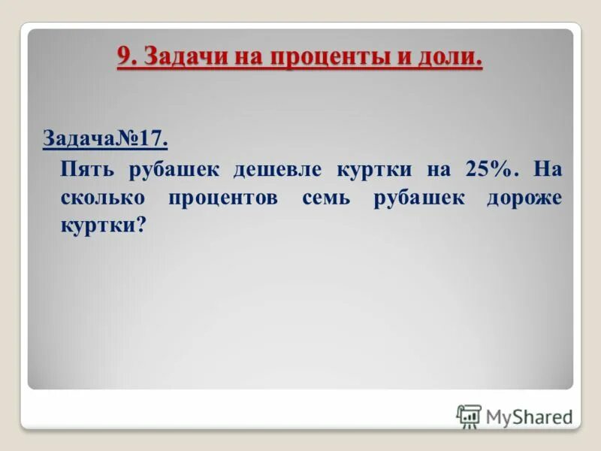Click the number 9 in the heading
tap(125, 57)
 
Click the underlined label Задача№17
tap(104, 140)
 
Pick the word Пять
tap(88, 169)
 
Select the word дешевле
tap(277, 169)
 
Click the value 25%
tap(492, 169)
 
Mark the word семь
tap(328, 198)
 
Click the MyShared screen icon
tap(469, 416)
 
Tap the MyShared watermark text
tap(529, 416)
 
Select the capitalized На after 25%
tap(548, 169)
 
